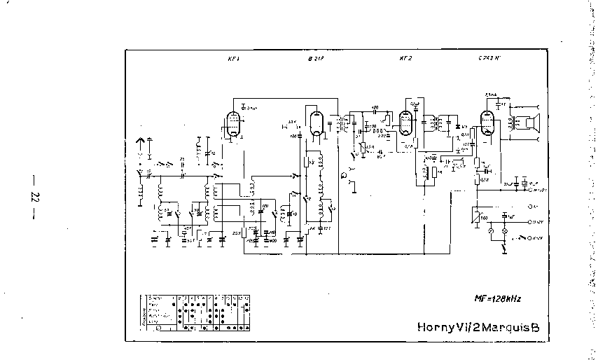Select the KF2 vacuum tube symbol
[x=405, y=124]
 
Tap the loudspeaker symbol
[x=536, y=123]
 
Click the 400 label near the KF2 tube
[x=375, y=108]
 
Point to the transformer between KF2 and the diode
[x=437, y=125]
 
